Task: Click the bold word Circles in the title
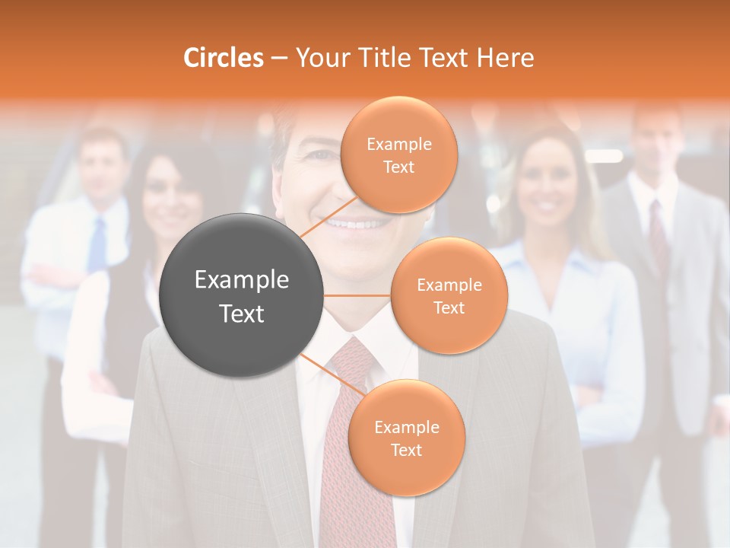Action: pos(224,58)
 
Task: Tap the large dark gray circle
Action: pos(241,296)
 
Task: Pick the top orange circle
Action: pos(398,155)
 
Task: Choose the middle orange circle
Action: pos(449,295)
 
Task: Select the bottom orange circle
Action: pos(406,438)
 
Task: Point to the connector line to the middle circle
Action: pos(357,295)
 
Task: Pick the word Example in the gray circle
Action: pos(241,279)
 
